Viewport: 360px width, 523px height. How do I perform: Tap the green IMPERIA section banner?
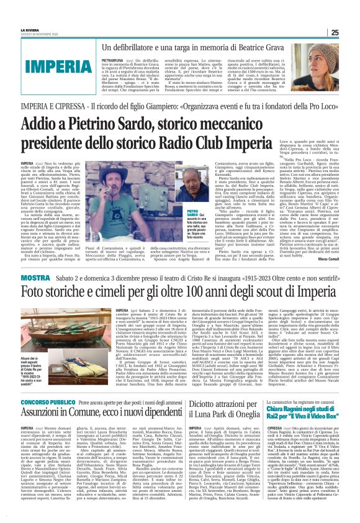pos(43,64)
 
